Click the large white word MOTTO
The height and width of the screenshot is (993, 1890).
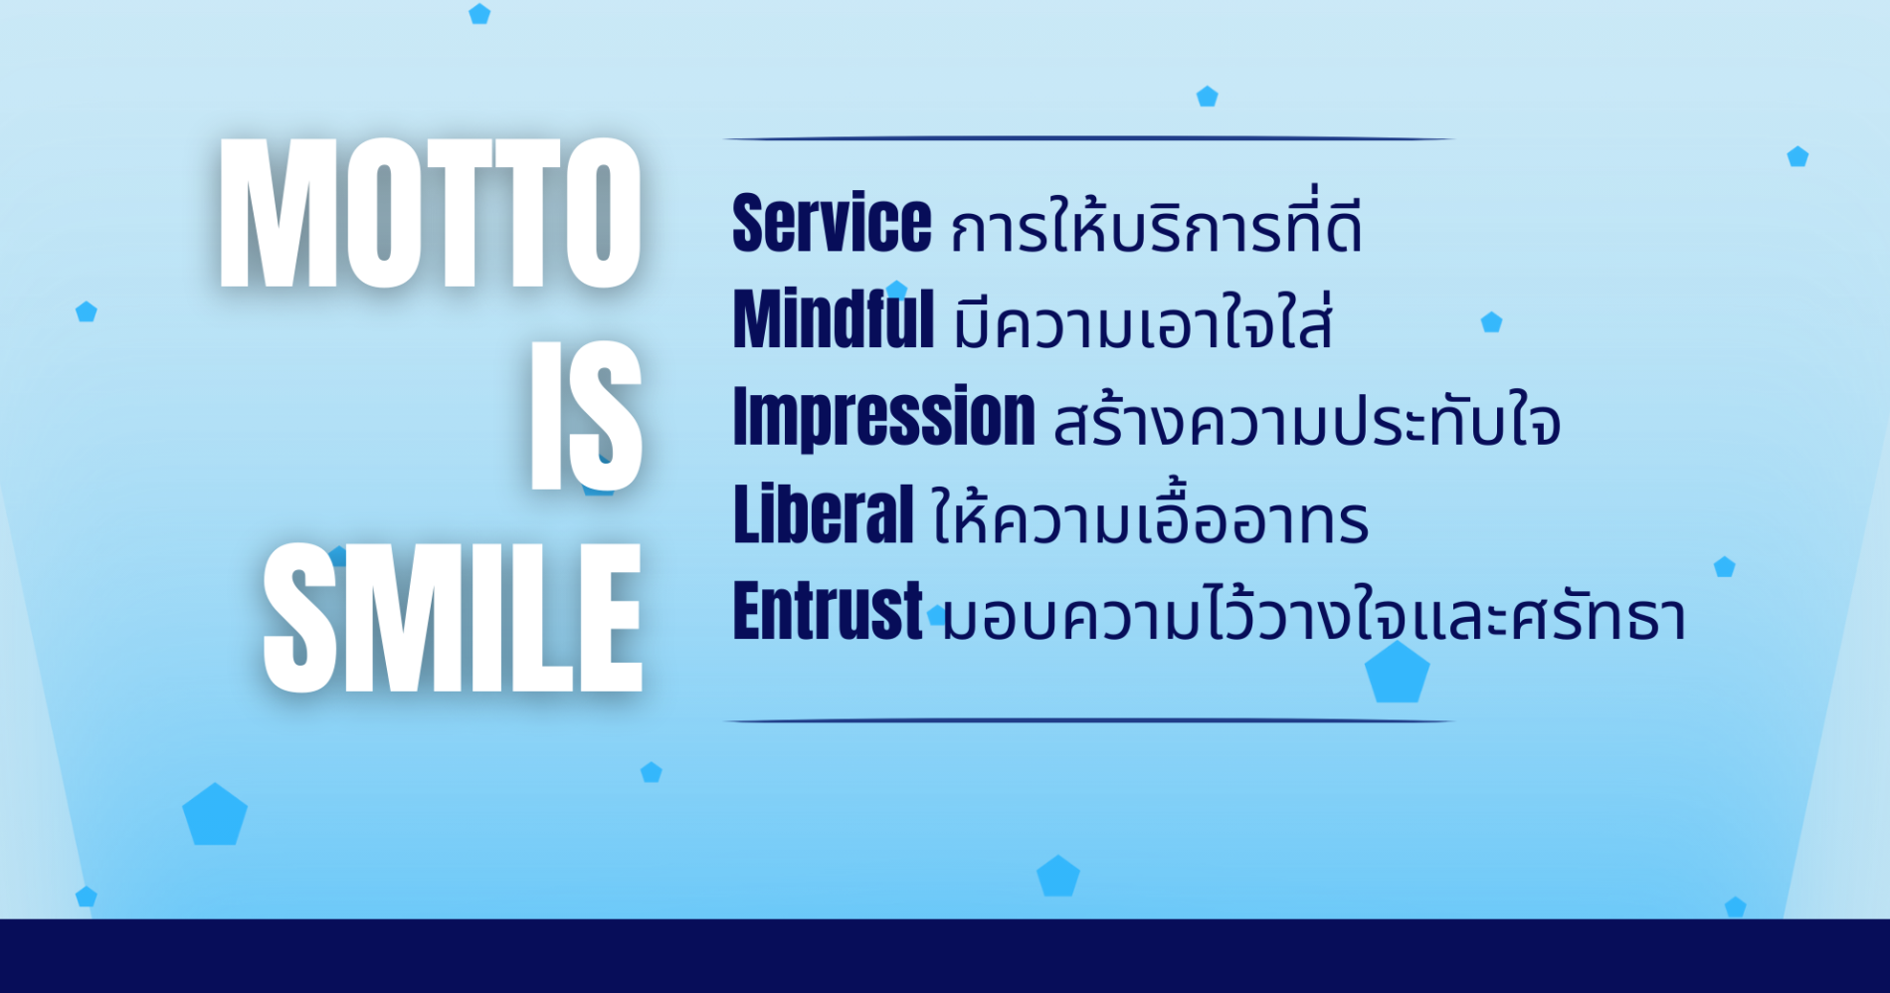(x=430, y=213)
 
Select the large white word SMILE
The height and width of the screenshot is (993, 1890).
(x=453, y=618)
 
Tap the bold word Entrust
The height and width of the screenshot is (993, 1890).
(x=828, y=610)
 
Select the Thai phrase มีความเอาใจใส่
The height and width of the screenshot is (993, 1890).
(x=1143, y=320)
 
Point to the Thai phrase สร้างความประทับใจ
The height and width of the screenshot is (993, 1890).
(x=1307, y=419)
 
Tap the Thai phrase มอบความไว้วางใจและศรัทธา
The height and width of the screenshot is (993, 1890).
(x=1314, y=611)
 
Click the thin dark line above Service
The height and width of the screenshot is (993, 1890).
(x=1088, y=138)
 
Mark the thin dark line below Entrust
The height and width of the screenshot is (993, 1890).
(x=1088, y=720)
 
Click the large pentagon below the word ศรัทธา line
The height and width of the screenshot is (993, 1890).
(x=1397, y=674)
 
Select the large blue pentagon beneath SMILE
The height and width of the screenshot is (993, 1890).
(x=215, y=816)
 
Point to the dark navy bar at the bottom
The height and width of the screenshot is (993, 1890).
(x=945, y=955)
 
